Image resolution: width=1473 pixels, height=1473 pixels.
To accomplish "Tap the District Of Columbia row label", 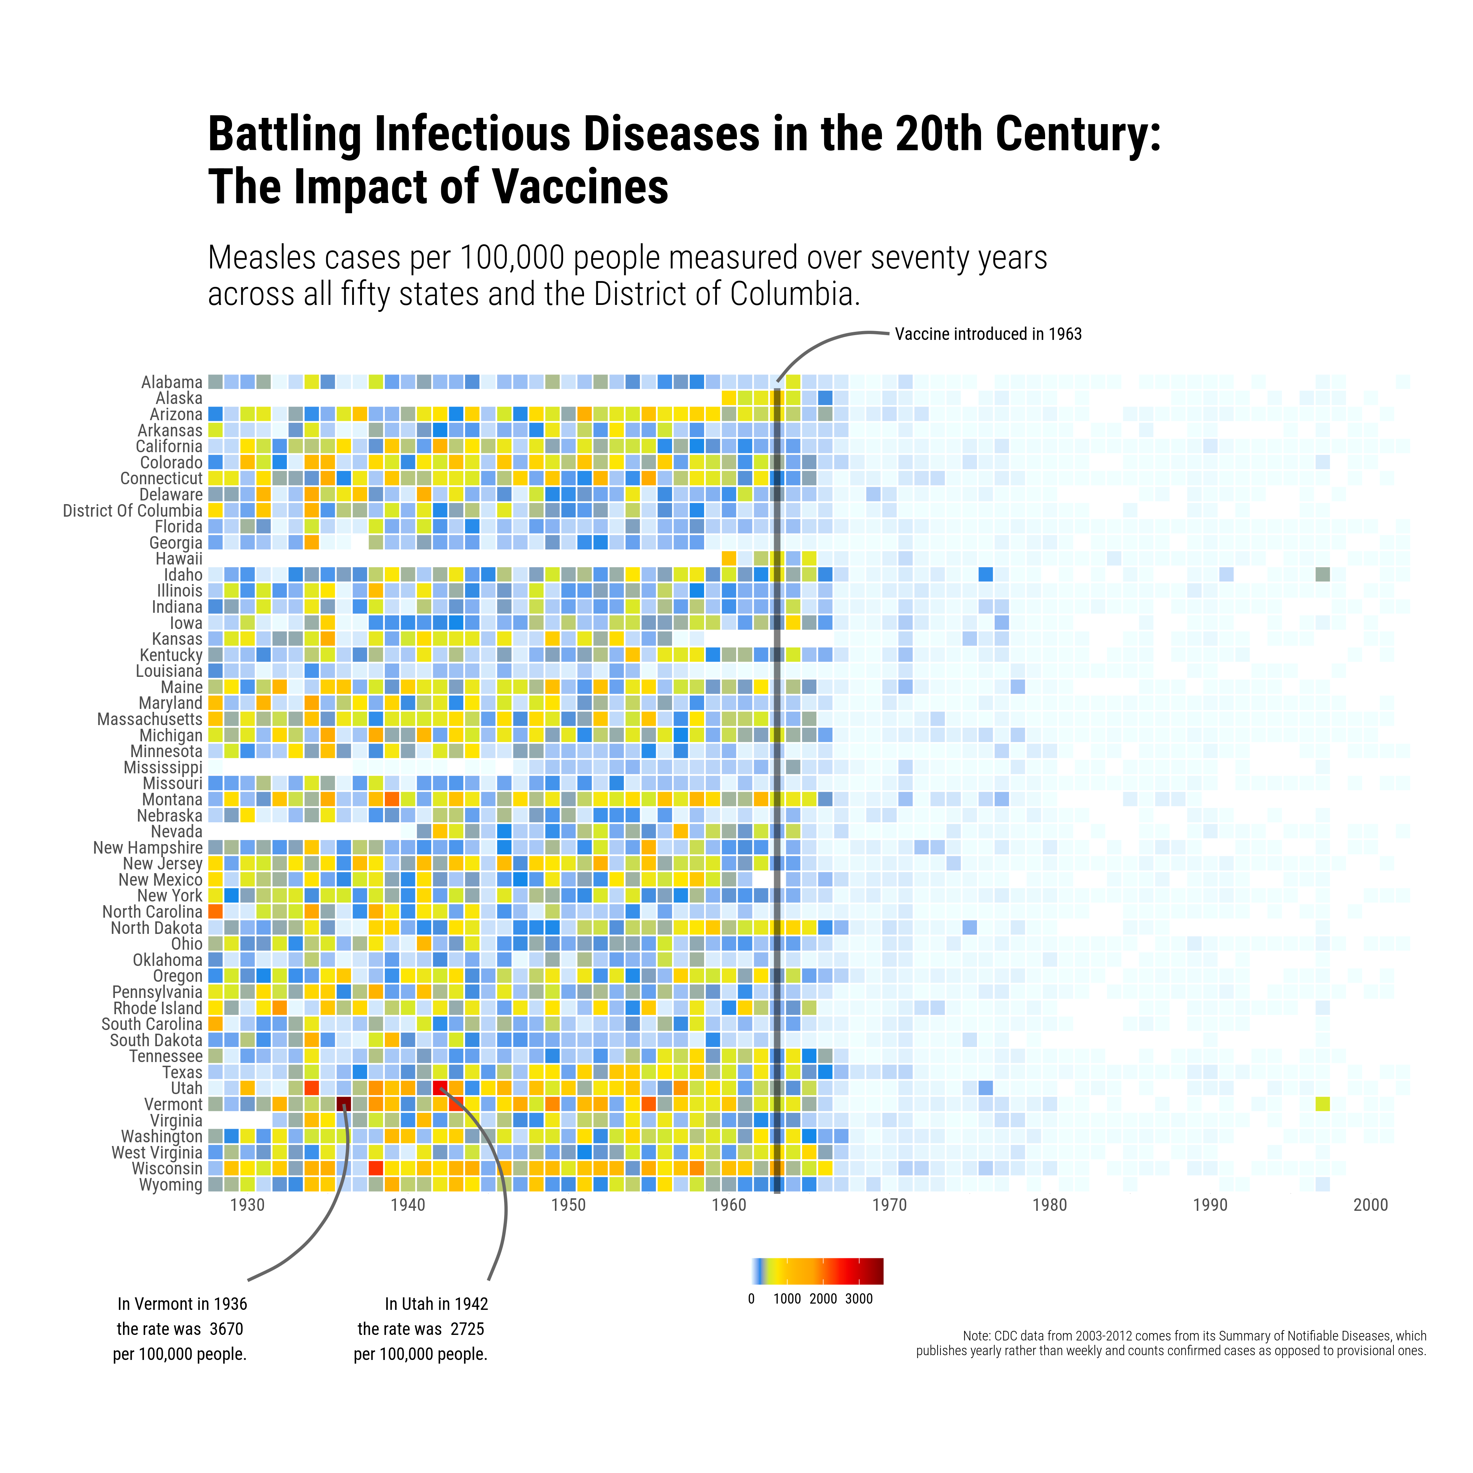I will tap(133, 511).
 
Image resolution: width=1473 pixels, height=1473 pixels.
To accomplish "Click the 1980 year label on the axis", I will tap(1050, 1205).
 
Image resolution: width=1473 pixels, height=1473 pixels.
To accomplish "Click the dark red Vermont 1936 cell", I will tap(344, 1104).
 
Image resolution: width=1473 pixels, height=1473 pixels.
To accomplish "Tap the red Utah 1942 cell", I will tap(440, 1088).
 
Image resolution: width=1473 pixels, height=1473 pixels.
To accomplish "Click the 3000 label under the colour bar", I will tap(858, 1299).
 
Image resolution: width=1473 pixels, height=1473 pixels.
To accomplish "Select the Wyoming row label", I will tap(171, 1185).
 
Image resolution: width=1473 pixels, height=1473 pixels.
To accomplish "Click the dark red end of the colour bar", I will tap(877, 1271).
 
